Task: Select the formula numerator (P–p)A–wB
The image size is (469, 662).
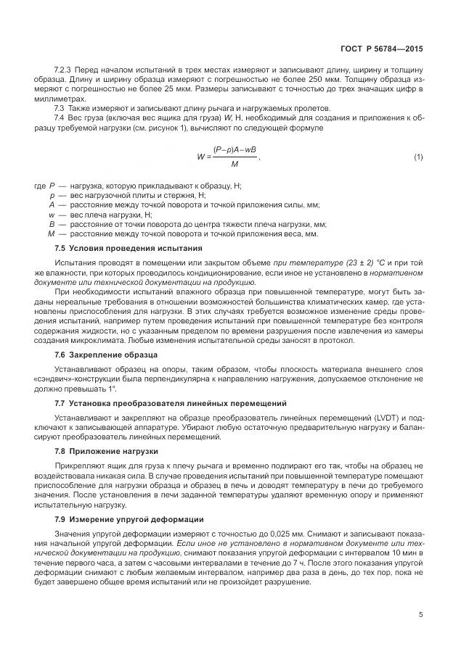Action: coord(234,150)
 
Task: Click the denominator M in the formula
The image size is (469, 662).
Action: coord(234,164)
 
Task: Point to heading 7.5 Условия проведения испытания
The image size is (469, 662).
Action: coord(106,248)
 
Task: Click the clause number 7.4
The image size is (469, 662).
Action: coord(60,117)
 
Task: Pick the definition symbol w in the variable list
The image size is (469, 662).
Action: coord(52,215)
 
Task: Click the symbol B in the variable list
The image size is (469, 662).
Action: coord(52,224)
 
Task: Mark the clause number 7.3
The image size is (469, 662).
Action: coord(60,107)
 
